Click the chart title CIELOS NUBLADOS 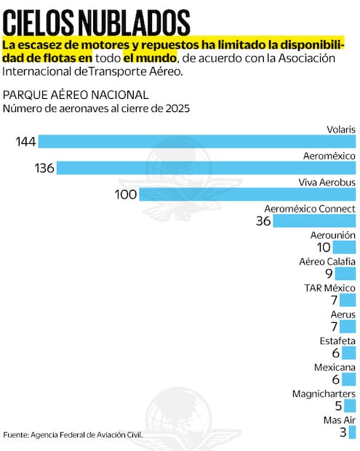97,20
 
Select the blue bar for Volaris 196,141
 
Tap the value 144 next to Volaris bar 26,141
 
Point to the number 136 44,168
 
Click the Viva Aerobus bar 247,194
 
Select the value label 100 125,194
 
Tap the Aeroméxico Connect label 310,209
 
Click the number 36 263,221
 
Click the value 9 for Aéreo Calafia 329,274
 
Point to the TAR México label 329,288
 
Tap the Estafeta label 337,340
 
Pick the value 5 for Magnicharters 338,406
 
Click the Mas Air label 339,420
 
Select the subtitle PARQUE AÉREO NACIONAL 76,95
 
